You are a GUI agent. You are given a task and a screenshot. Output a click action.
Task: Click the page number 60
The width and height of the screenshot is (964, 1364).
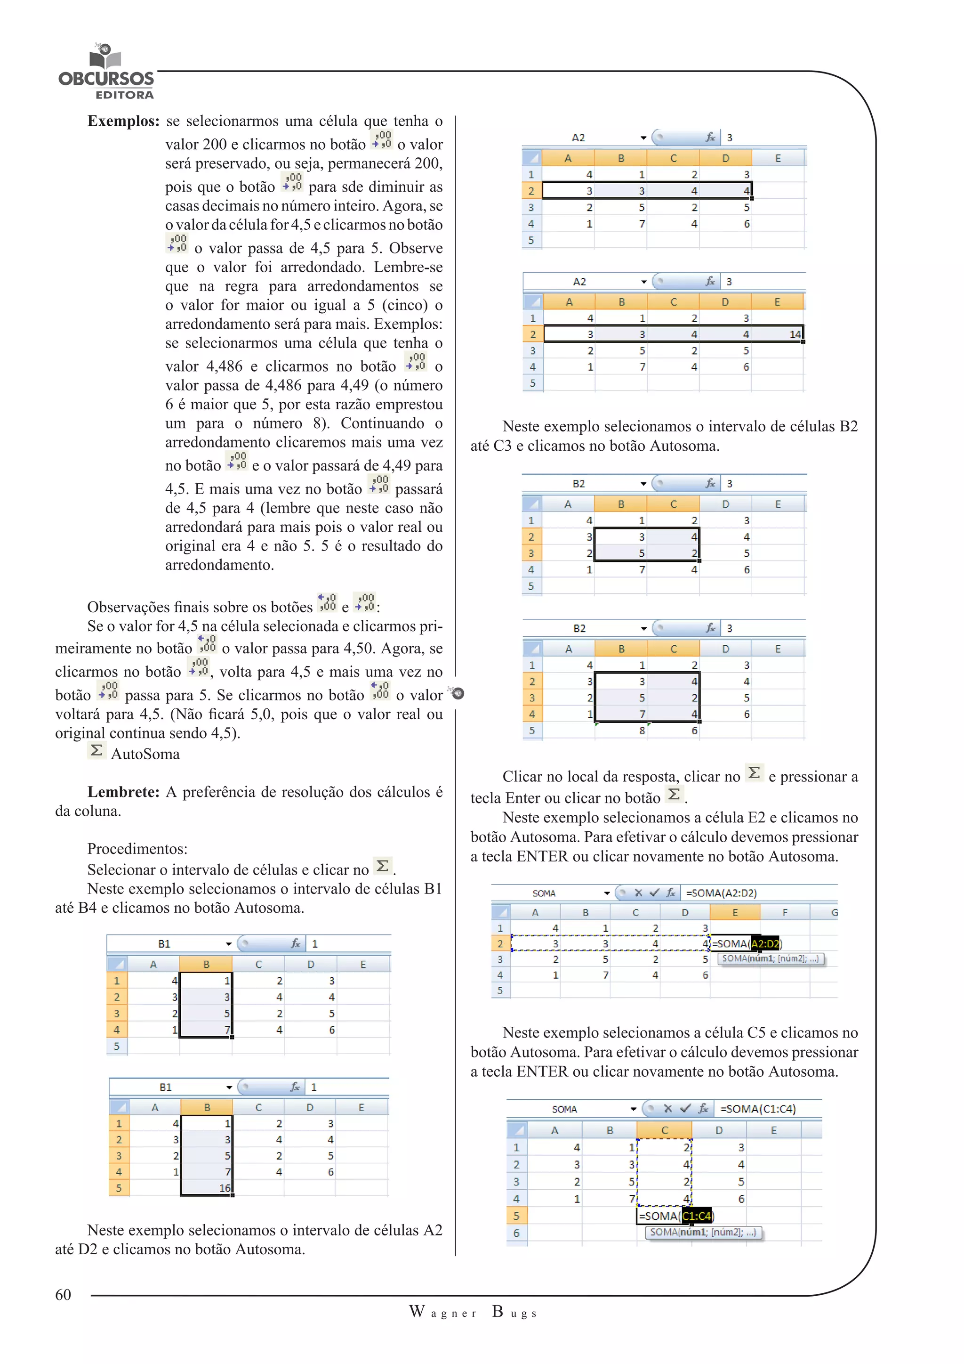[63, 1294]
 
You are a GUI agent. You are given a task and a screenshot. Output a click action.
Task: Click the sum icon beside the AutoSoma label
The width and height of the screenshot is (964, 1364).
[96, 750]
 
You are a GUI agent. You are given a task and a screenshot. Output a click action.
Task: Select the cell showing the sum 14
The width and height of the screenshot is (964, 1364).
[794, 334]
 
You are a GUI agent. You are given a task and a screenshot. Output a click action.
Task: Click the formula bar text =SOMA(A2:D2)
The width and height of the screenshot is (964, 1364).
[721, 893]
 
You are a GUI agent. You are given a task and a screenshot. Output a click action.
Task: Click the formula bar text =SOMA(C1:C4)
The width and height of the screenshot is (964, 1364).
[758, 1109]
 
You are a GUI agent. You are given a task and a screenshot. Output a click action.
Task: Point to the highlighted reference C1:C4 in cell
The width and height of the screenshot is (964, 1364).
[696, 1216]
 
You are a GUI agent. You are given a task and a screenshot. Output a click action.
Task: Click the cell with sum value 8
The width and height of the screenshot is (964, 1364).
[642, 731]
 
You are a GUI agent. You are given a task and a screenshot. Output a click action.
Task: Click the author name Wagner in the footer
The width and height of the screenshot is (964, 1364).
[443, 1312]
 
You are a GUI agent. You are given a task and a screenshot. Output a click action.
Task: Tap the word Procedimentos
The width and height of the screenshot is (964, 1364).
[137, 848]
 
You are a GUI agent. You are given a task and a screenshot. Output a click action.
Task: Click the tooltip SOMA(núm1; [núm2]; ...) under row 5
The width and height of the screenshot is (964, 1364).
[703, 1232]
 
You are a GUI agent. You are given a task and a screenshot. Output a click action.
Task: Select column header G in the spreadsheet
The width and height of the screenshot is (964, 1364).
[834, 912]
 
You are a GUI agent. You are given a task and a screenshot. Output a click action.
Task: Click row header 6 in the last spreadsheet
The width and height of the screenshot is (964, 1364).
[516, 1234]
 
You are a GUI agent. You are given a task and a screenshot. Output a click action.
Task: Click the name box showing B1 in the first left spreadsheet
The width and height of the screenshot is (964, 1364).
[164, 943]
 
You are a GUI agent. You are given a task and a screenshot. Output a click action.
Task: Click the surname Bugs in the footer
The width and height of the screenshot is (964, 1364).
[514, 1312]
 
